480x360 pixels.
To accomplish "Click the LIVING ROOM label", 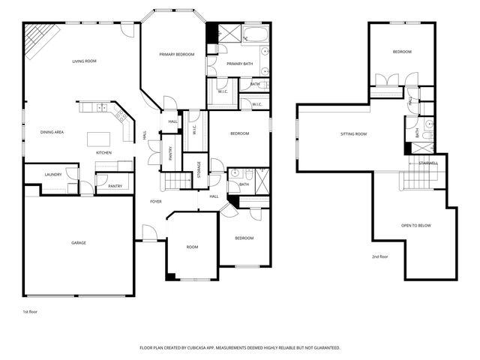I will (84, 61).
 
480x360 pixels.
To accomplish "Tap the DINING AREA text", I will (52, 132).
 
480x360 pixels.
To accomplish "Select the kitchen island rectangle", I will (99, 139).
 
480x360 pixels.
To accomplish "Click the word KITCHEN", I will (103, 153).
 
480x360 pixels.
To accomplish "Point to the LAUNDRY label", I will (52, 175).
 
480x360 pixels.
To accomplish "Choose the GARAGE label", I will (79, 242).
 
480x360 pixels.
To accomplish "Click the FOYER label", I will (156, 201).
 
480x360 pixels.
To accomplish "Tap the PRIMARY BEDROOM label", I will (176, 55).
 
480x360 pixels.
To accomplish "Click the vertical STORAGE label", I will (199, 169).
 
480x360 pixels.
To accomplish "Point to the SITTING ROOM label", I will (353, 134).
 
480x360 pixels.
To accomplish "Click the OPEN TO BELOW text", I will (415, 225).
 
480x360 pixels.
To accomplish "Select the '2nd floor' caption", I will (380, 257).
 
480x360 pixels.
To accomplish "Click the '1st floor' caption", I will (31, 310).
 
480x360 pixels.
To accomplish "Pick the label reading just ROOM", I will (193, 247).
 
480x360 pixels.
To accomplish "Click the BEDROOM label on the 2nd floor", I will (402, 52).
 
